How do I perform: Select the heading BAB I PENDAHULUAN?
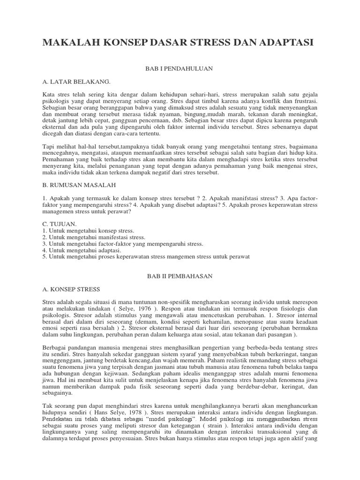click(x=180, y=69)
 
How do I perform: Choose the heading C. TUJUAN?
click(x=59, y=225)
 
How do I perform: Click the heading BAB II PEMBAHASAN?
click(x=180, y=277)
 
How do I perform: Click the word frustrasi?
click(x=303, y=101)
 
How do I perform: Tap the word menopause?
click(x=235, y=322)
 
